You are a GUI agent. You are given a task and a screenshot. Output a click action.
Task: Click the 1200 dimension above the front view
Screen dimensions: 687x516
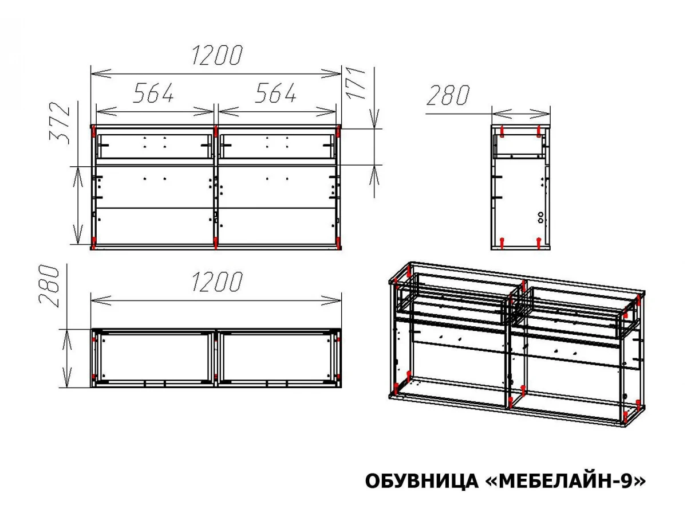(x=216, y=56)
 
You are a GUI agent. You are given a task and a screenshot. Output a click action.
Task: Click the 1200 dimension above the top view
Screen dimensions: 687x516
(x=216, y=282)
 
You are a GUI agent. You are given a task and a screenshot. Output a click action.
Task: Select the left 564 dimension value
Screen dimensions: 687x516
(x=153, y=93)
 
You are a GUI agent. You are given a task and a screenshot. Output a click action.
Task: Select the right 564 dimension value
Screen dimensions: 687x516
(x=275, y=93)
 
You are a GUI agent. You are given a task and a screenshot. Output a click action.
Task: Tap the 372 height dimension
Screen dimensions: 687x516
(x=60, y=123)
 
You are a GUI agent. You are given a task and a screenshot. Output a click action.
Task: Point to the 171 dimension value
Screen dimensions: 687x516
(x=356, y=84)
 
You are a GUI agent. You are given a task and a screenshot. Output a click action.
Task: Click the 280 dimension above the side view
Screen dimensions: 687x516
(x=448, y=95)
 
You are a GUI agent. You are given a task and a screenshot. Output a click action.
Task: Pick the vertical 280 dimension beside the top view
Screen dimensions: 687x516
(x=49, y=286)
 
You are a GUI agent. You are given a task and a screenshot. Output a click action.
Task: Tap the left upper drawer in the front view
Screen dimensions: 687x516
(x=154, y=147)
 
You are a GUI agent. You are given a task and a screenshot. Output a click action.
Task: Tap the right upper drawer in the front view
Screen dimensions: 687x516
(x=277, y=147)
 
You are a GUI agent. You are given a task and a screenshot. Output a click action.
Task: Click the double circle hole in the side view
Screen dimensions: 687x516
(x=540, y=217)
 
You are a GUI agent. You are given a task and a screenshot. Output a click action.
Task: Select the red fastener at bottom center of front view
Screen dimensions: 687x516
(x=215, y=242)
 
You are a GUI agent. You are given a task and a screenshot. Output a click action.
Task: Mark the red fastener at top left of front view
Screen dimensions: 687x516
(x=93, y=131)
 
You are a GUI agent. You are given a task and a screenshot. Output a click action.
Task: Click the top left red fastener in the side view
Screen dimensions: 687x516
(x=502, y=132)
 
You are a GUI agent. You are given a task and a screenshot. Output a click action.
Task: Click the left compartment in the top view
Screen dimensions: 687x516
(x=154, y=357)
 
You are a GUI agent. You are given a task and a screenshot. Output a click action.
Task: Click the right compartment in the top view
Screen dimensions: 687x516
(x=276, y=357)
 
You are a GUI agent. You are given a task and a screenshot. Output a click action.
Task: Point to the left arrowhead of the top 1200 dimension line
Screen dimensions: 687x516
(x=101, y=74)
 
